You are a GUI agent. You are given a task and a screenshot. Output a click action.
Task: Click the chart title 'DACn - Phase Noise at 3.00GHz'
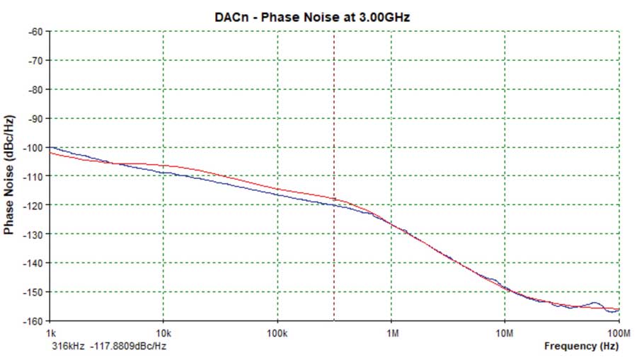click(312, 17)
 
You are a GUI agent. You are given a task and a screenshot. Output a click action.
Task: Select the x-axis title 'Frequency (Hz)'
click(581, 347)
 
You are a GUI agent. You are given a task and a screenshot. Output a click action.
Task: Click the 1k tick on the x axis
click(50, 332)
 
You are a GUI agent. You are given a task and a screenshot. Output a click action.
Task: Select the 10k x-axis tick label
click(163, 332)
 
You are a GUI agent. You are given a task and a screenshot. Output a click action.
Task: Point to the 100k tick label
click(277, 332)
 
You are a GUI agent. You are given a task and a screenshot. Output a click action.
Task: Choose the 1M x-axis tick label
click(391, 332)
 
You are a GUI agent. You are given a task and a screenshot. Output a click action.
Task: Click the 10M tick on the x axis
click(504, 332)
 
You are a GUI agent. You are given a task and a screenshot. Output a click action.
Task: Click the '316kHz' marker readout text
click(67, 347)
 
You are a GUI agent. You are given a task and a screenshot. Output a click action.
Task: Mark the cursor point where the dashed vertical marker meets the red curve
click(334, 199)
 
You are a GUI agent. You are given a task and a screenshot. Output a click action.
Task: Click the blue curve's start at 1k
click(51, 147)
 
